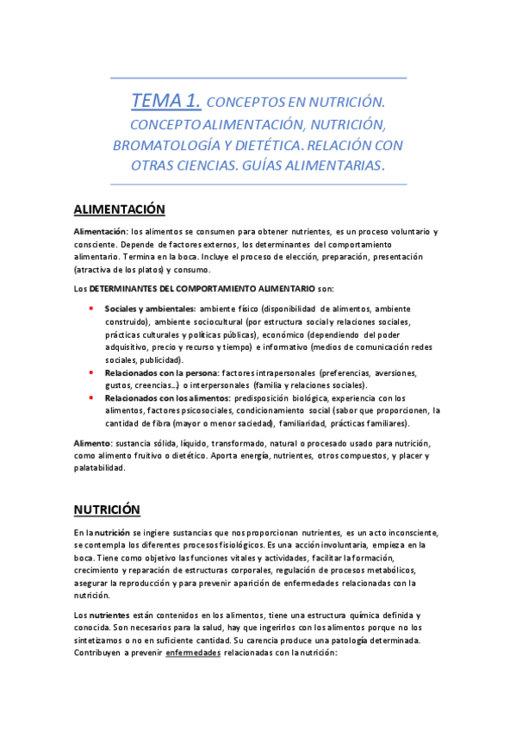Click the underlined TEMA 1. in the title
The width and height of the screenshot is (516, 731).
click(x=166, y=102)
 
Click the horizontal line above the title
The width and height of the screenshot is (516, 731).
click(x=258, y=78)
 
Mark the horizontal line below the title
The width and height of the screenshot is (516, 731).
click(x=258, y=184)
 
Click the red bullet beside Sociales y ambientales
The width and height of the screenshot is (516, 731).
click(x=91, y=308)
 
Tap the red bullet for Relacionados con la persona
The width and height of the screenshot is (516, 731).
click(x=91, y=372)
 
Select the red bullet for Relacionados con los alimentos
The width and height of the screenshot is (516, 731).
click(x=91, y=398)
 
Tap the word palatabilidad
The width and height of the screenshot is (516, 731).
click(x=99, y=468)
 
